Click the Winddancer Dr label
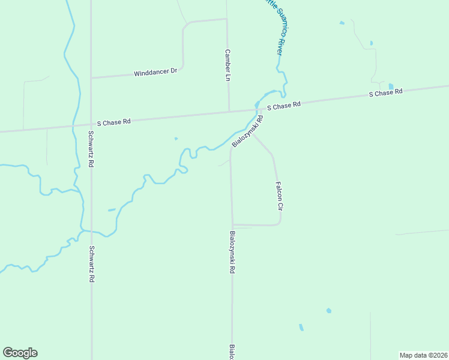155,71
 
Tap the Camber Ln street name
228,65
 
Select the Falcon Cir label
279,196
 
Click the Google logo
20,353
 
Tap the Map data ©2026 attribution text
423,355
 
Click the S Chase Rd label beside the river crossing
283,106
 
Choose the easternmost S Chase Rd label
385,93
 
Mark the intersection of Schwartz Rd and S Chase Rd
91,124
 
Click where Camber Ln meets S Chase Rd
229,111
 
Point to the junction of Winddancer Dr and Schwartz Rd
91,77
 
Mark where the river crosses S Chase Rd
256,109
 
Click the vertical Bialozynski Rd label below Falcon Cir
232,253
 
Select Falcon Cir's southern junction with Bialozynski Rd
232,225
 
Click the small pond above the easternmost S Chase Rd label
391,86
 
